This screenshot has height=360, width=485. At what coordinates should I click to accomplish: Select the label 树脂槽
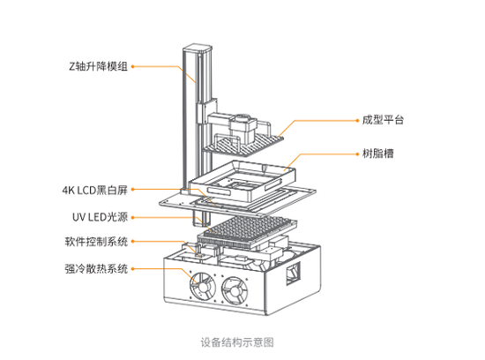(377, 154)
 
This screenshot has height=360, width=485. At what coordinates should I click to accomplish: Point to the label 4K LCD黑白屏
(97, 189)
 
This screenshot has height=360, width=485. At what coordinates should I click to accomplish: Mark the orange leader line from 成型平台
(322, 119)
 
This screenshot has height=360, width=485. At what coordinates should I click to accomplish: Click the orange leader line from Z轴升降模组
(159, 66)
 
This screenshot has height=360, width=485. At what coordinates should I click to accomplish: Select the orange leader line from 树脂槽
(326, 154)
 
